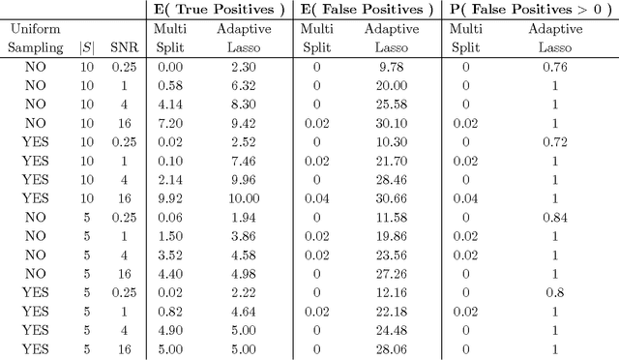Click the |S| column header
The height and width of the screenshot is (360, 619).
click(86, 46)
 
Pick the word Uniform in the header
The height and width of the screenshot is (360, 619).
click(35, 29)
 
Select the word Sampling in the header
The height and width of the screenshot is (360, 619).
click(35, 46)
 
